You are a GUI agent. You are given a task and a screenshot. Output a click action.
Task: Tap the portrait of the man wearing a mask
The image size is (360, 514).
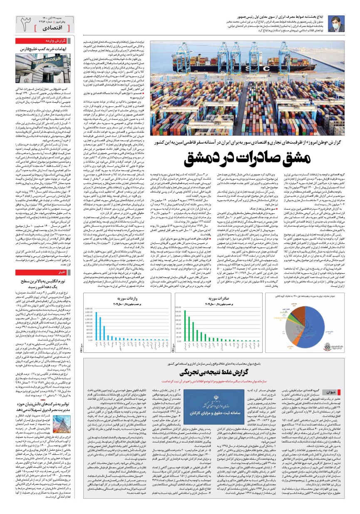pyautogui.click(x=341, y=23)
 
